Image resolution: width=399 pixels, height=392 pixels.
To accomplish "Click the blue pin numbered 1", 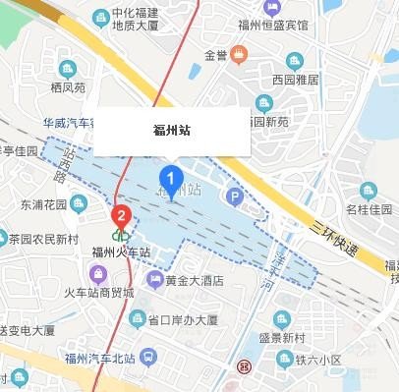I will point(171,180).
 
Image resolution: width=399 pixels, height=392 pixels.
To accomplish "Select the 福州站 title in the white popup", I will point(172,131).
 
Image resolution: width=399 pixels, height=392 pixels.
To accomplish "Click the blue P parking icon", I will point(234,197).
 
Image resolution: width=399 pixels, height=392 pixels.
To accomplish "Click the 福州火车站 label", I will point(121,252).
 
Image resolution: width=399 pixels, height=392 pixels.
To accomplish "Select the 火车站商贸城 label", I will point(99,293).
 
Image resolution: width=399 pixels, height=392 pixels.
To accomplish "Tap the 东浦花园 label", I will point(42,205).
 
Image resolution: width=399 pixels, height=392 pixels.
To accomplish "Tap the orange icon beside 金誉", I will point(240,54).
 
